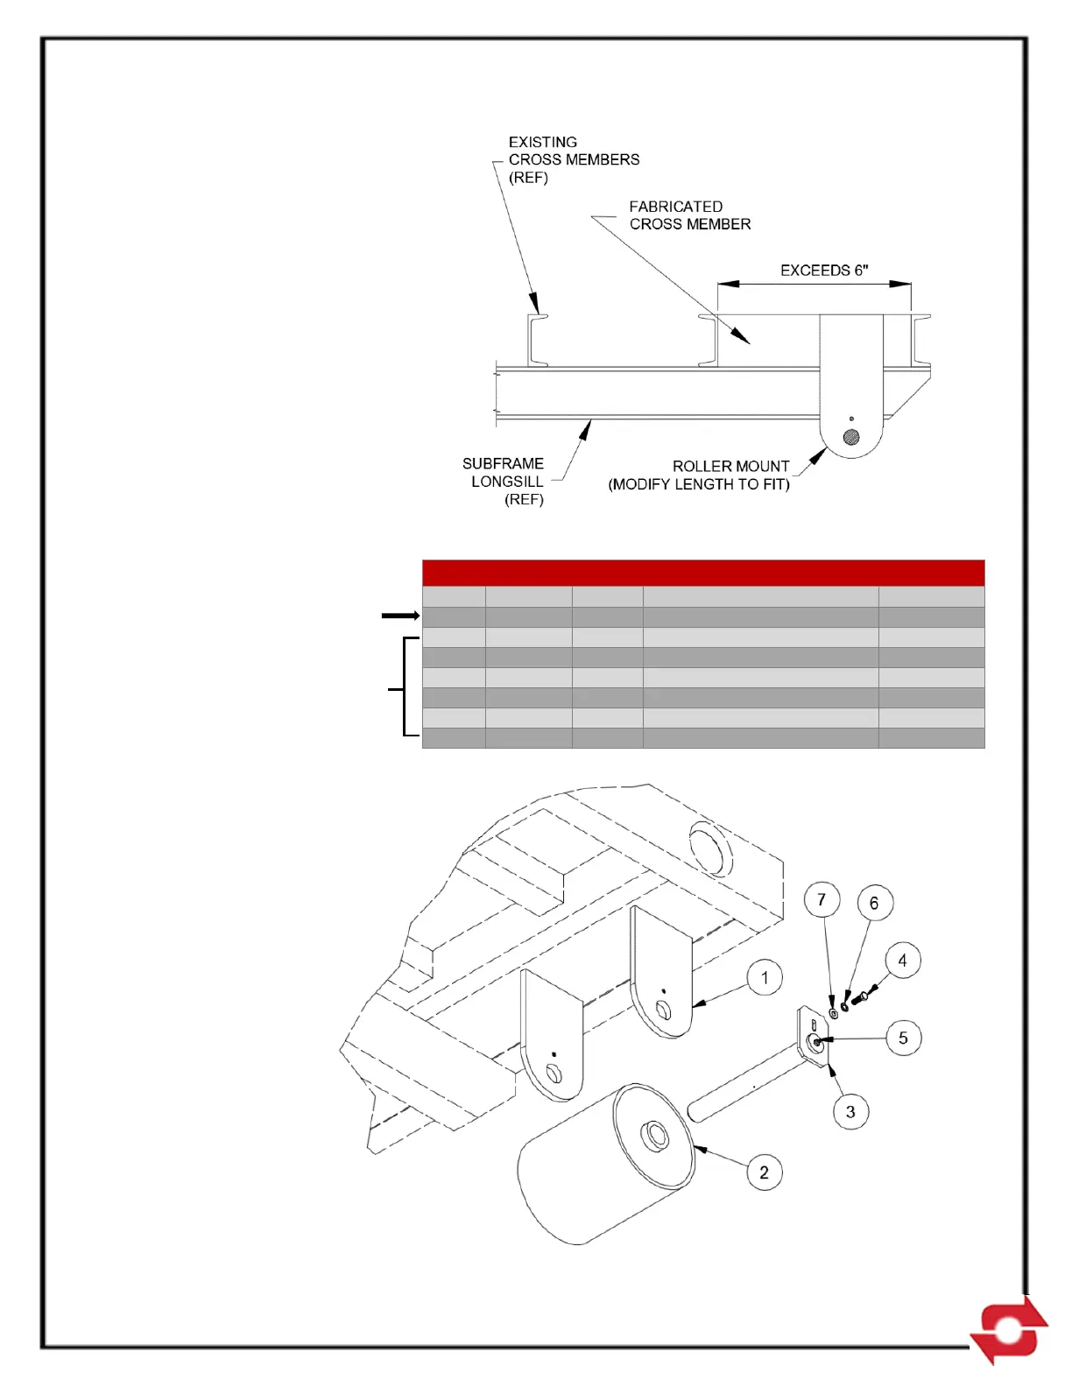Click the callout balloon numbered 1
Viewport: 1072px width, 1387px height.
(x=765, y=977)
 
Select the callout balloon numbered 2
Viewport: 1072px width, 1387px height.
(x=764, y=1172)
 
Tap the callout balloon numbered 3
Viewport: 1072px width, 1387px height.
(x=850, y=1111)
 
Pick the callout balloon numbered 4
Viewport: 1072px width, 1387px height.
(x=902, y=961)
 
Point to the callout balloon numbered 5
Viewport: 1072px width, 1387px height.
(x=903, y=1038)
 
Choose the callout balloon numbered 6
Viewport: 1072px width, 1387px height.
(x=873, y=903)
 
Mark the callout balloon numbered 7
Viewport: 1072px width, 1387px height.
(x=822, y=899)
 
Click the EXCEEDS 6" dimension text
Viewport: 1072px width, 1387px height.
(x=824, y=271)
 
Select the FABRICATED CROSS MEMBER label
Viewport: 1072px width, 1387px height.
(x=689, y=215)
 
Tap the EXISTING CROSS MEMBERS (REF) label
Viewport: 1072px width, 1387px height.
(x=574, y=159)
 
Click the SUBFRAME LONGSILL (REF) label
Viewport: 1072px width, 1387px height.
(x=504, y=481)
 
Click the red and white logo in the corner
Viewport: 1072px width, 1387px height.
(x=1009, y=1329)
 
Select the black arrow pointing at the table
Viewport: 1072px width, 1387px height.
(x=400, y=616)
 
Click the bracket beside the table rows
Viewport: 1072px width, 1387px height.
(x=405, y=687)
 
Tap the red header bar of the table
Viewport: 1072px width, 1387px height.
(x=703, y=573)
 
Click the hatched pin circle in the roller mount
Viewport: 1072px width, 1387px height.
(x=850, y=437)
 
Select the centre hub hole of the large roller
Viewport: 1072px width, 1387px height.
(x=654, y=1136)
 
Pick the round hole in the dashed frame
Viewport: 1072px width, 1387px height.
(x=709, y=847)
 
